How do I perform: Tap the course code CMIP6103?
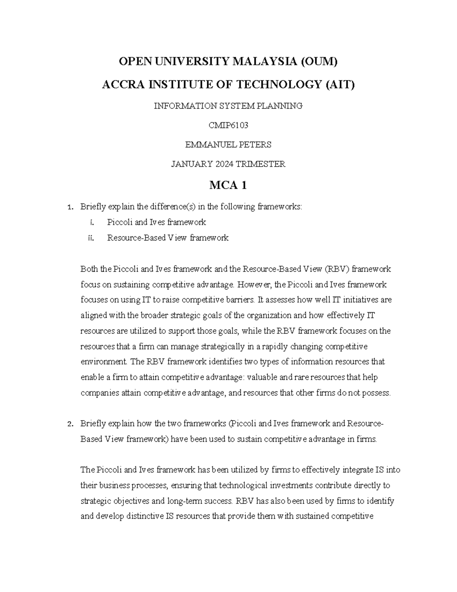point(228,125)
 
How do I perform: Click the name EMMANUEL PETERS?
point(228,145)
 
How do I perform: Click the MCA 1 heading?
point(228,186)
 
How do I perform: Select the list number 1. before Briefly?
point(69,207)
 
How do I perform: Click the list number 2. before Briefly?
point(69,424)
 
